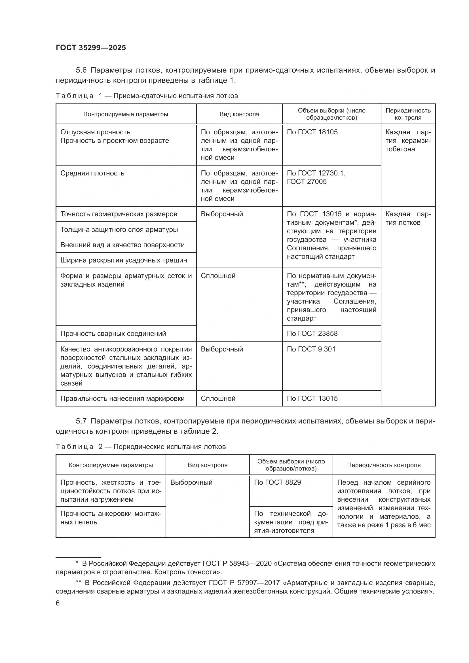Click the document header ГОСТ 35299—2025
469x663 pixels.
[91, 48]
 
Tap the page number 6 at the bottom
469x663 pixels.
[58, 603]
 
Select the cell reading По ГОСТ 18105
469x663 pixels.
[312, 132]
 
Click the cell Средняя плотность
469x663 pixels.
[92, 173]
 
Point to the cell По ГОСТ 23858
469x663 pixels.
[312, 334]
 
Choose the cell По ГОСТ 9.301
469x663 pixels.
[311, 349]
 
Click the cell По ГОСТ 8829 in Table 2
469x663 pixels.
[277, 482]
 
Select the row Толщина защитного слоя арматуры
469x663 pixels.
[119, 230]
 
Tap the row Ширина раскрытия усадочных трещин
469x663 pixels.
[124, 260]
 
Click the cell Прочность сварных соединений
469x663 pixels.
[113, 334]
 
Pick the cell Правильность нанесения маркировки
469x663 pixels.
[122, 399]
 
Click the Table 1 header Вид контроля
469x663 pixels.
[239, 114]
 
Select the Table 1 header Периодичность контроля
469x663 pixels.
[408, 114]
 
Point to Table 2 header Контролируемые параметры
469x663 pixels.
[111, 465]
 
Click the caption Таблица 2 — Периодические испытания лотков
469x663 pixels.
[141, 447]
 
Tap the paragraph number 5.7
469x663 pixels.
[81, 421]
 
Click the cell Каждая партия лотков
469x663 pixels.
[407, 218]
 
